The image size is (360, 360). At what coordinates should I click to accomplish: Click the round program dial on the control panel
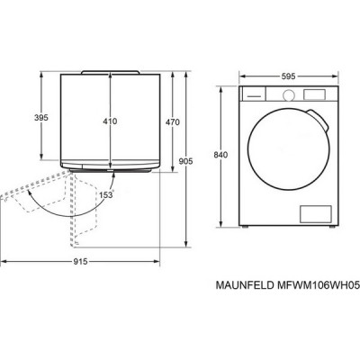[289, 94]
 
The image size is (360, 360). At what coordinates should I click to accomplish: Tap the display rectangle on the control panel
[315, 94]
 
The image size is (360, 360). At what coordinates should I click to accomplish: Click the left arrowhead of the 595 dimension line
[241, 83]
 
